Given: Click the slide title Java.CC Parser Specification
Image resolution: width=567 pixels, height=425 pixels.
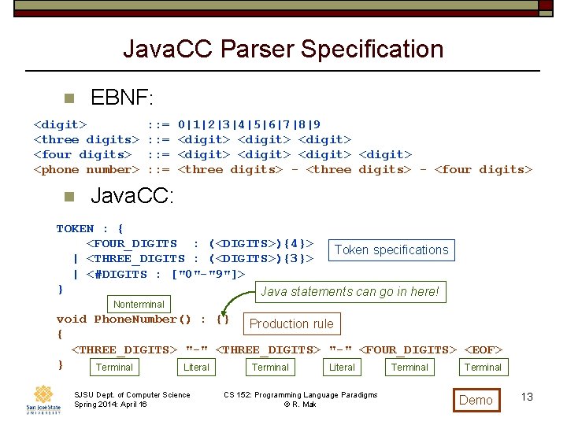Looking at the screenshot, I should pyautogui.click(x=283, y=50).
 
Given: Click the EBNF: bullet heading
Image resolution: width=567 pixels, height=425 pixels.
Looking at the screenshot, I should pyautogui.click(x=122, y=98).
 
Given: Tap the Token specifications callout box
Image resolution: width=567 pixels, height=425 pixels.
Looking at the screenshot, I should pyautogui.click(x=391, y=250).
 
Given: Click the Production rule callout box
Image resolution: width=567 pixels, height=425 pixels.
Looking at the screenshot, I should pyautogui.click(x=291, y=323).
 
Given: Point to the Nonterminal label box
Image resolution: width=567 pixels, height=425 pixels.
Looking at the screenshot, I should pyautogui.click(x=139, y=304).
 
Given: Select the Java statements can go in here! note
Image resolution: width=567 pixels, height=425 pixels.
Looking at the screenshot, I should pyautogui.click(x=350, y=292).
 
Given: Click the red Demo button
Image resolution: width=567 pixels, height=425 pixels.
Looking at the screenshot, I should pyautogui.click(x=476, y=400).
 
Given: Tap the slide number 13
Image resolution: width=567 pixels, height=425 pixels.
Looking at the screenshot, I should pyautogui.click(x=527, y=397).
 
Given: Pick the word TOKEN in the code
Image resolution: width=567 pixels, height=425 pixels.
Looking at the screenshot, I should pyautogui.click(x=75, y=229).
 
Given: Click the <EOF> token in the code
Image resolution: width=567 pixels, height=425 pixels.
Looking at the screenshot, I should pyautogui.click(x=483, y=350).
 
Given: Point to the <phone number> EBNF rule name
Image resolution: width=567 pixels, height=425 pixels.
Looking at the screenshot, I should pyautogui.click(x=86, y=170).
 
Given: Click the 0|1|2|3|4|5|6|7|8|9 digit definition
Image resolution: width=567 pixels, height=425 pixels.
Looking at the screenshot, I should pyautogui.click(x=249, y=125).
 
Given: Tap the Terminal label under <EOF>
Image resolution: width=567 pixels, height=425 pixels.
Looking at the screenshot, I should pyautogui.click(x=483, y=368).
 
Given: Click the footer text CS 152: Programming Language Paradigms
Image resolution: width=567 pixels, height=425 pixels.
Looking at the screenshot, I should pyautogui.click(x=300, y=395).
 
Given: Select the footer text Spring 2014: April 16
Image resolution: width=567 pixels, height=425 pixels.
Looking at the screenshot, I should pyautogui.click(x=110, y=405).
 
